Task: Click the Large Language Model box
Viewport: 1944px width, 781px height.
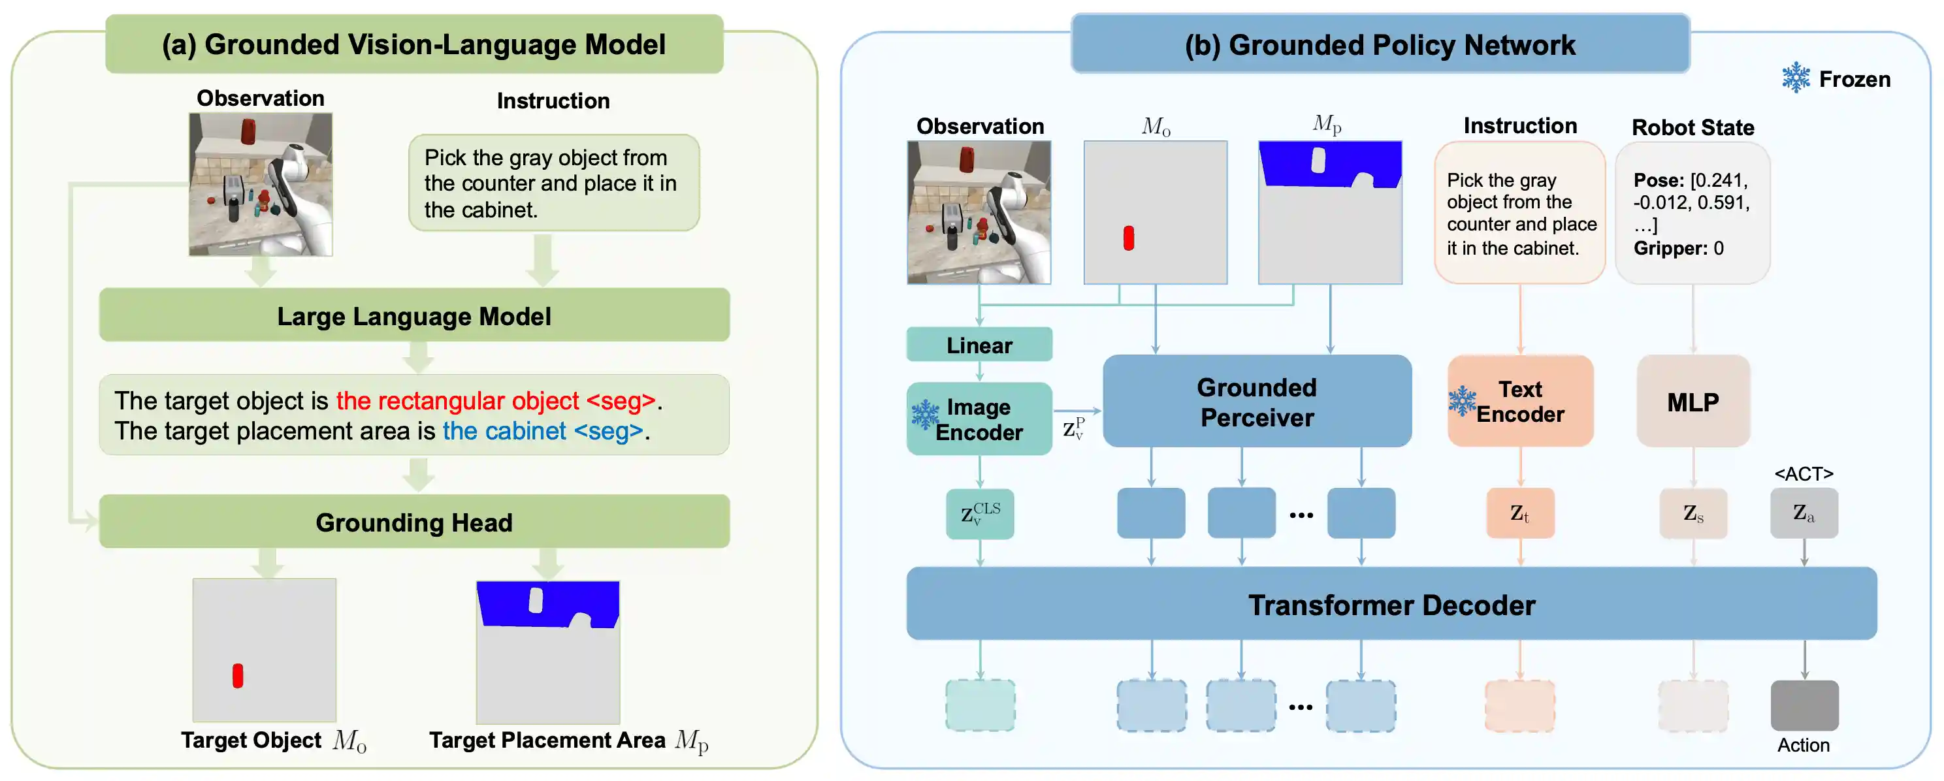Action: coord(413,315)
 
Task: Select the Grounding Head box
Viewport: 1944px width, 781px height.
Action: coord(413,522)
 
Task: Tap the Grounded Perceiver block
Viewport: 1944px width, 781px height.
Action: coord(1257,402)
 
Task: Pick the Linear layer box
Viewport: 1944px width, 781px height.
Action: coord(979,345)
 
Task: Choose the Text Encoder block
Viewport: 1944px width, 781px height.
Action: coord(1520,402)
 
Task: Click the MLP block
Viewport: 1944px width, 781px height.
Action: coord(1693,402)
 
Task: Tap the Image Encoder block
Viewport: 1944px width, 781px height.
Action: coord(979,419)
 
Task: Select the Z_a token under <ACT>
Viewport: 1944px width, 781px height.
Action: coord(1804,513)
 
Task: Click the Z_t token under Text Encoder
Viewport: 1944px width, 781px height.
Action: coord(1520,513)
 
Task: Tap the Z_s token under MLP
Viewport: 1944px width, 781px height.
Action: coord(1693,513)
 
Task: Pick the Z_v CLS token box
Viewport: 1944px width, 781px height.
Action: coord(980,514)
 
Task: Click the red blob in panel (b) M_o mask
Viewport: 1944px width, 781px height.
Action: coord(1128,238)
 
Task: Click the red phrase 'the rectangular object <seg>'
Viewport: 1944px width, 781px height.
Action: coord(495,401)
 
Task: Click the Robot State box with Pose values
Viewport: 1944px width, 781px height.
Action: coord(1692,214)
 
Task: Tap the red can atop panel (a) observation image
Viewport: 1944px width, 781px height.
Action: coord(248,131)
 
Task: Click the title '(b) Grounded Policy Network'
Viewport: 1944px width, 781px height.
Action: coord(1380,44)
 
